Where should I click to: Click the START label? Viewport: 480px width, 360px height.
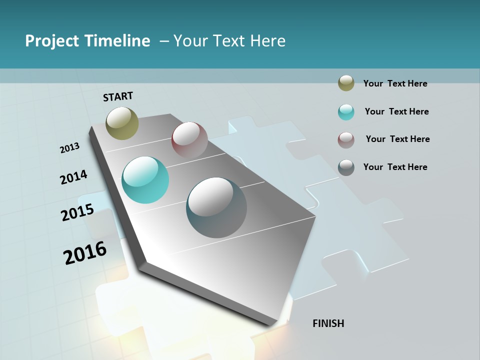(118, 96)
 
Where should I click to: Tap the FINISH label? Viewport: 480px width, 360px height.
(328, 323)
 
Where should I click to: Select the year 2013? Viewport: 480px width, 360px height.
(69, 148)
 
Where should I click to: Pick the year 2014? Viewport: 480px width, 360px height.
(73, 177)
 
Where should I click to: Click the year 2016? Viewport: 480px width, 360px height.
(85, 253)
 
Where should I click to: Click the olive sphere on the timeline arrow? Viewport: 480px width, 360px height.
(122, 123)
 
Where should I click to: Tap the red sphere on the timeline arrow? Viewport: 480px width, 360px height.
(189, 140)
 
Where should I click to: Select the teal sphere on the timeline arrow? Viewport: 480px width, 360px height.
(145, 180)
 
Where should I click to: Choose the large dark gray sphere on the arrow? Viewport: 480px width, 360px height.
(216, 207)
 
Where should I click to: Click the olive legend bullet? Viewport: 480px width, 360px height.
(346, 83)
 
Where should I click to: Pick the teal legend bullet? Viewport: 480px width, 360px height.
(346, 112)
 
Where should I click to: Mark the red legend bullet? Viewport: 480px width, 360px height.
(346, 140)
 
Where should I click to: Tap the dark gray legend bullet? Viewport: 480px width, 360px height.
(346, 167)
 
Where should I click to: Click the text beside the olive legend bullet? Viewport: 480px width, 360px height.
(395, 83)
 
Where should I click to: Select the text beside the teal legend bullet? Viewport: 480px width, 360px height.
(396, 111)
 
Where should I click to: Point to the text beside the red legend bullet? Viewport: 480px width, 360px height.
(397, 139)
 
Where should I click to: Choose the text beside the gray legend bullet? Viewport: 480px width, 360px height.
(395, 167)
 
